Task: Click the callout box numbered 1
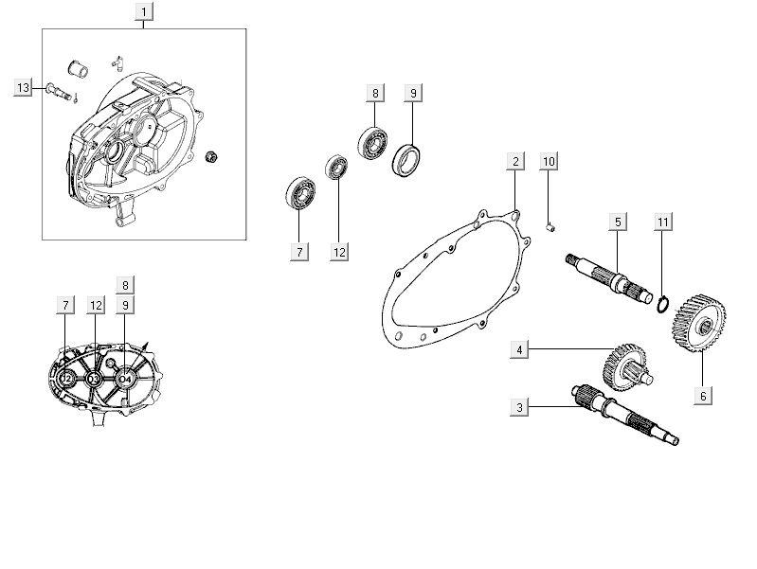pyautogui.click(x=143, y=12)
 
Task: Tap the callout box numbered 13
pyautogui.click(x=24, y=88)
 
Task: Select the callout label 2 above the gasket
pyautogui.click(x=514, y=161)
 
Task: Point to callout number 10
pyautogui.click(x=549, y=161)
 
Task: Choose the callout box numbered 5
pyautogui.click(x=617, y=222)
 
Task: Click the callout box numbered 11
pyautogui.click(x=663, y=222)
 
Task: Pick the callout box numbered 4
pyautogui.click(x=519, y=350)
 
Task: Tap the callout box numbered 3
pyautogui.click(x=519, y=407)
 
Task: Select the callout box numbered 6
pyautogui.click(x=702, y=396)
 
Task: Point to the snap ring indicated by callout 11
pyautogui.click(x=664, y=303)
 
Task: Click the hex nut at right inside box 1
pyautogui.click(x=213, y=155)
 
